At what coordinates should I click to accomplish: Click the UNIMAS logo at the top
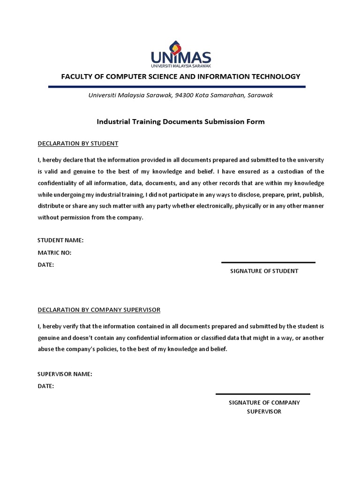click(180, 53)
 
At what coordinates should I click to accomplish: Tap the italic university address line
click(181, 95)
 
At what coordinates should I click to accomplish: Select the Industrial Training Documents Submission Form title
click(180, 121)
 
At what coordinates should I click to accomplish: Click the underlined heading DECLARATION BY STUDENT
click(78, 143)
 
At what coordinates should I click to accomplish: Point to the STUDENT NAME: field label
click(60, 240)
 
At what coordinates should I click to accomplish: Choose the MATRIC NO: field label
click(54, 253)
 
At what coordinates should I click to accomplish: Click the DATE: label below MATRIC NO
click(45, 265)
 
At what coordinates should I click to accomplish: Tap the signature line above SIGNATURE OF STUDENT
click(268, 262)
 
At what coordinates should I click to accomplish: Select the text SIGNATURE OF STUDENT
click(264, 271)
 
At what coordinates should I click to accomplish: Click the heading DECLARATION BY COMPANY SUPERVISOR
click(99, 310)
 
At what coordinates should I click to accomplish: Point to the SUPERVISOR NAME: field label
click(65, 374)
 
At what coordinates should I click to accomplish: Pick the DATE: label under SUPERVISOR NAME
click(45, 386)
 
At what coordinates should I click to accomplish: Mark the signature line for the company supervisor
click(262, 394)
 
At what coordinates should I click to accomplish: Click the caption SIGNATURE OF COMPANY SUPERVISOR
click(264, 407)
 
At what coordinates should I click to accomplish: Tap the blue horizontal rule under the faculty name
click(177, 87)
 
